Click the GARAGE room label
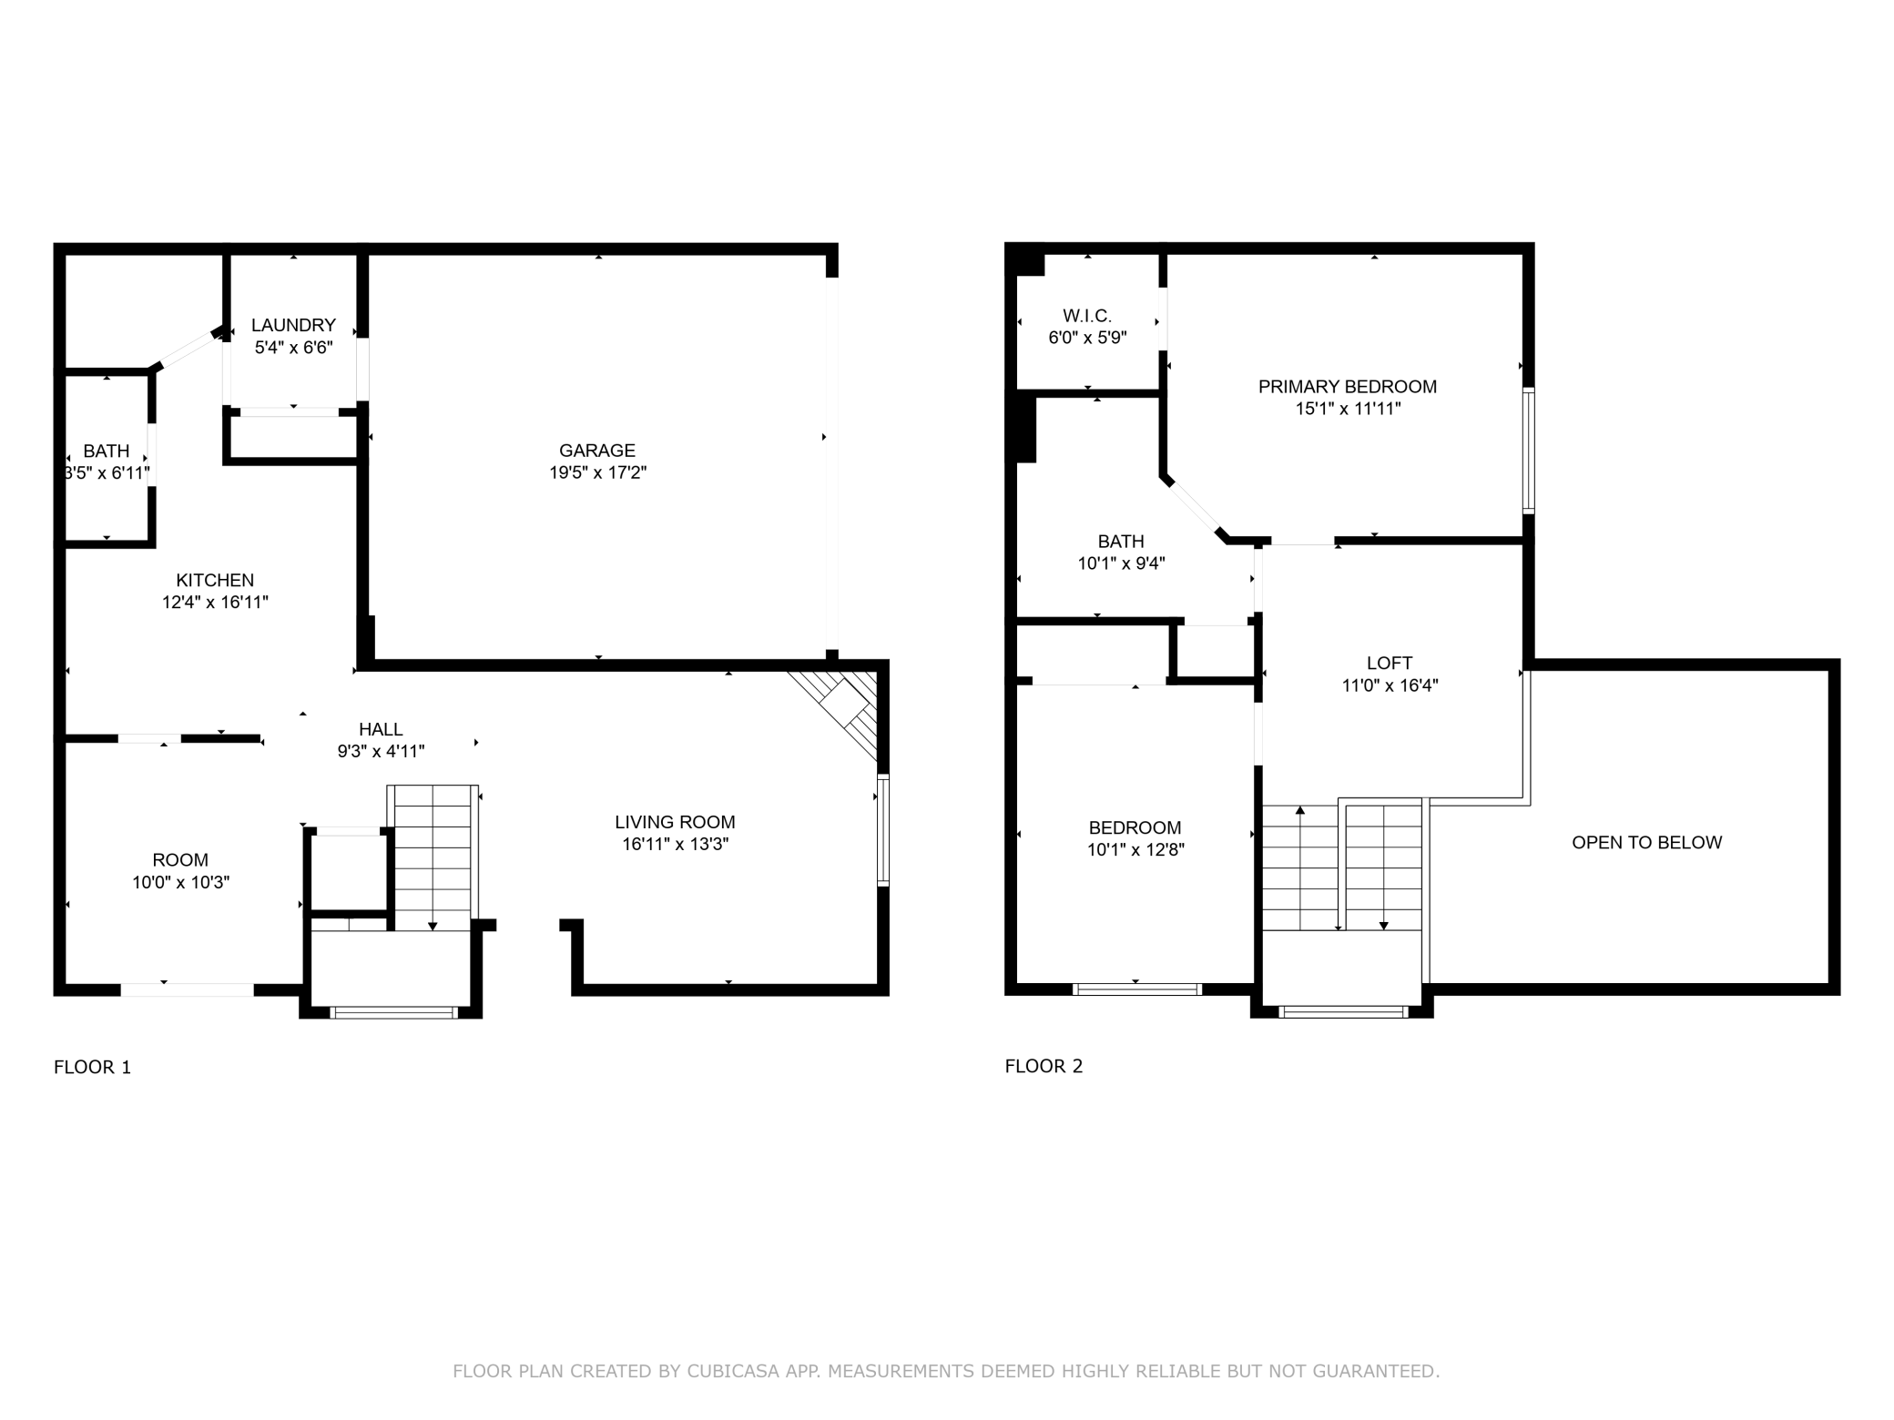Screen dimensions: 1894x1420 [x=597, y=451]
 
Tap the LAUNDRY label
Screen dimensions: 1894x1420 [x=293, y=325]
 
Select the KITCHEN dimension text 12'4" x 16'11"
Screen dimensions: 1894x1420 [x=215, y=603]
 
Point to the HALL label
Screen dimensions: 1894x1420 [x=381, y=729]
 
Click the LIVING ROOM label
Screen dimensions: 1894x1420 [x=675, y=822]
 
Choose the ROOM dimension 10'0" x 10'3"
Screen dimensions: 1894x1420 [x=180, y=882]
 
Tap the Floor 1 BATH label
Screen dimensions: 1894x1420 [x=107, y=451]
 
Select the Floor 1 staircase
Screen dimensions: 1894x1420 [x=433, y=857]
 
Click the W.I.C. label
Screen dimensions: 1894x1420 [x=1087, y=316]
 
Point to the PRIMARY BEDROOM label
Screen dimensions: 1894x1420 [x=1348, y=387]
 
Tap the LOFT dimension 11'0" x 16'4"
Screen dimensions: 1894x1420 [x=1390, y=685]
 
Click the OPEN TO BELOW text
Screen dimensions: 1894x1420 [x=1647, y=843]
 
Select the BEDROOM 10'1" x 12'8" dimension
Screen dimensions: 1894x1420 [x=1135, y=850]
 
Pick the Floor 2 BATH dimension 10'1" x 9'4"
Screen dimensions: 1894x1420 [x=1121, y=563]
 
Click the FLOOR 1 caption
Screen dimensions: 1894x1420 [x=92, y=1067]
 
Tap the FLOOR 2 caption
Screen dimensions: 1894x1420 [x=1044, y=1066]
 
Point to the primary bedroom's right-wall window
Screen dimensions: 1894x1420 [x=1529, y=450]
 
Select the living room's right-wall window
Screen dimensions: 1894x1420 [x=882, y=830]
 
